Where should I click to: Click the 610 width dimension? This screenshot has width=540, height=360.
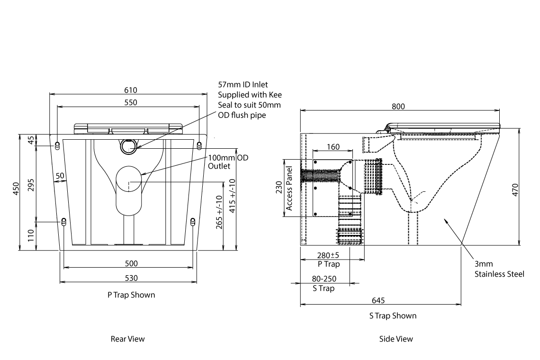coord(130,90)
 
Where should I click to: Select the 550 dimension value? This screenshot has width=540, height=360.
coord(130,102)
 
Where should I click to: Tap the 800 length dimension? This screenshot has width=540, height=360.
coord(398,107)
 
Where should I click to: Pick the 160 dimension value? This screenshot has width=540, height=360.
coord(333,147)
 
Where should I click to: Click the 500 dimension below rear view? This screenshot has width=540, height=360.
coord(131,263)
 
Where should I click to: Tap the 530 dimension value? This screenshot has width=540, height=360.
coord(131,278)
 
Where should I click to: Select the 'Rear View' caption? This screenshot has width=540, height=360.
coord(127,339)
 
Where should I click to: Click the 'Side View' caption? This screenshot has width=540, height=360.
coord(396,339)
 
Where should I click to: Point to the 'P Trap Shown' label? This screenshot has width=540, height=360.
coord(131,295)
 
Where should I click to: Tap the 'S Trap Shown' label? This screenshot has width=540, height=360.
coord(393,315)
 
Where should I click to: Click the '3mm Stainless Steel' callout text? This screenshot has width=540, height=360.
coord(499,269)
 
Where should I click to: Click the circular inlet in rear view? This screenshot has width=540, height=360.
coord(128,146)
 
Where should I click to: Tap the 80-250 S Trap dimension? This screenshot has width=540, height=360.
coord(324,284)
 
